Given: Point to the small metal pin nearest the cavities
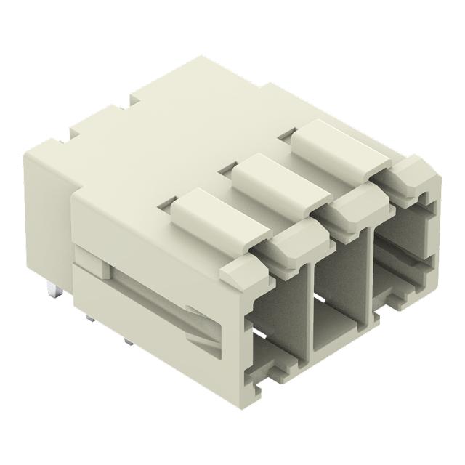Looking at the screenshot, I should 128,341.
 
